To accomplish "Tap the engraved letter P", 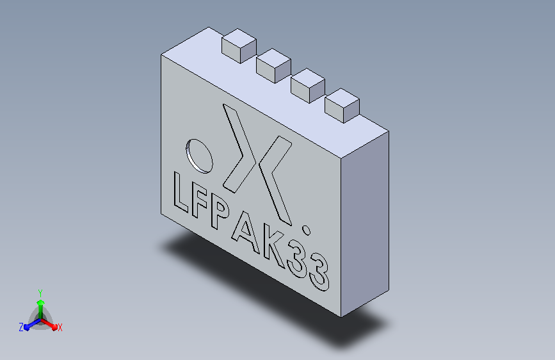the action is point(219,213).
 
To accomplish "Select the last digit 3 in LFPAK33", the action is point(319,272).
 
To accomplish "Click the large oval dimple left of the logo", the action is point(199,156).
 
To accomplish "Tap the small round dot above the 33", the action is point(306,231).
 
